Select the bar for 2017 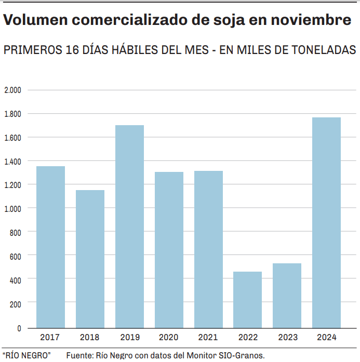(50, 247)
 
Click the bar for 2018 (90, 259)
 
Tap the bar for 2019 (129, 226)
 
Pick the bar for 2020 (169, 250)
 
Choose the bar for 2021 (208, 249)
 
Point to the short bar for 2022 (247, 300)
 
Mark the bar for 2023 (287, 296)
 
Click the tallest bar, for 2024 (326, 223)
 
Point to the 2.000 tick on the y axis (12, 90)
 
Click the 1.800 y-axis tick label (12, 114)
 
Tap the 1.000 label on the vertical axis (12, 208)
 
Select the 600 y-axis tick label (16, 255)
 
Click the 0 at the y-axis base (19, 328)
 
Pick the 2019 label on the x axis (129, 338)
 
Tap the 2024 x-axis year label (326, 338)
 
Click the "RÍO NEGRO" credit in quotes (26, 356)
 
